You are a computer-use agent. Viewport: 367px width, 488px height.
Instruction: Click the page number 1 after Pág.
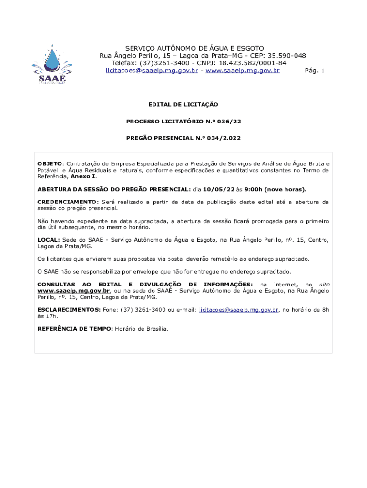tap(323, 71)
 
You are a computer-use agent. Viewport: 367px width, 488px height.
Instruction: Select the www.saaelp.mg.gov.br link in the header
tap(243, 71)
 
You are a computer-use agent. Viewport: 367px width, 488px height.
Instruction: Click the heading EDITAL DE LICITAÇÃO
tap(183, 104)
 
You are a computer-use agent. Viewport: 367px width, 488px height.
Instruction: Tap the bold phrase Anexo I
tap(83, 176)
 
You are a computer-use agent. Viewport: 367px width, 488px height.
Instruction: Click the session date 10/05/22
tap(217, 189)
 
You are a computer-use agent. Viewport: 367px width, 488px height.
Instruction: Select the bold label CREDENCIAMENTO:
tap(68, 202)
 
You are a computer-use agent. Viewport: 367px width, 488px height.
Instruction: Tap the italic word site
tap(324, 285)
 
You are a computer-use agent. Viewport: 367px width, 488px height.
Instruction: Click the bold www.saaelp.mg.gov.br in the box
tap(74, 291)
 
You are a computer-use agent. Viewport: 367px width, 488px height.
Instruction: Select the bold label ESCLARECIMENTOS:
tap(69, 310)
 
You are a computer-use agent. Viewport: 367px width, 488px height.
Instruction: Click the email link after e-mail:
tap(239, 310)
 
